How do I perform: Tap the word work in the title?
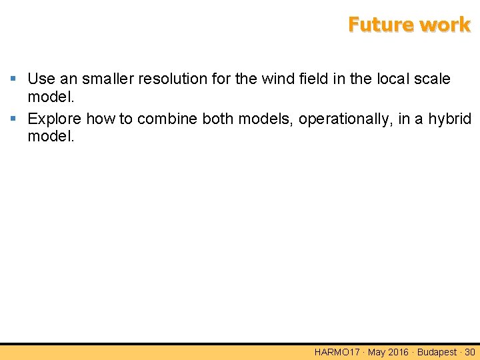445,25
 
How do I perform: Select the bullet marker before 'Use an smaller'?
14,79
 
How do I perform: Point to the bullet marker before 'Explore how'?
14,119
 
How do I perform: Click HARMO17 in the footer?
337,352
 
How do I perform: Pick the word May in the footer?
377,352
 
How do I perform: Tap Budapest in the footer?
437,352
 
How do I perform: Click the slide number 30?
469,352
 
